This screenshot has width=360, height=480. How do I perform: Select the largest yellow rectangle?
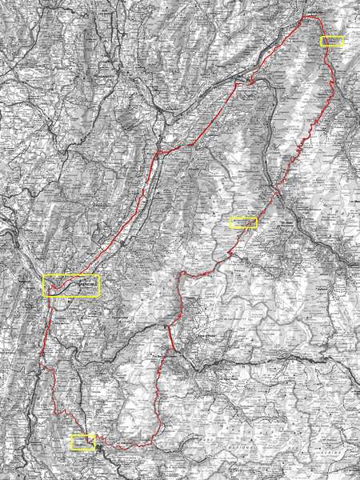72,286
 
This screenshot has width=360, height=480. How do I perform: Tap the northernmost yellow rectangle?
331,41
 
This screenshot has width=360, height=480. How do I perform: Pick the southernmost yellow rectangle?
82,442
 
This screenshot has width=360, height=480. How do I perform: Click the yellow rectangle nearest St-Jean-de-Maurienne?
243,222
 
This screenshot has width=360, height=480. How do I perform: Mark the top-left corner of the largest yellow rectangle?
43,275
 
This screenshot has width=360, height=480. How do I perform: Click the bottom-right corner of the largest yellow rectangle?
101,298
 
